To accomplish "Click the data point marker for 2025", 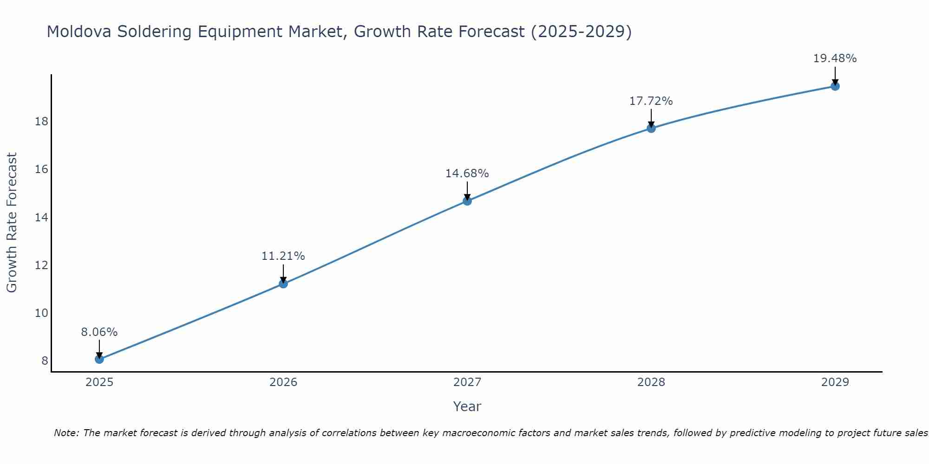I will click(99, 359).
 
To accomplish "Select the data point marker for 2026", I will click(283, 284).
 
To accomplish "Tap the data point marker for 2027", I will click(467, 201).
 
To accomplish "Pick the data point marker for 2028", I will click(651, 128).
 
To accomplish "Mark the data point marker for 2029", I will click(835, 86).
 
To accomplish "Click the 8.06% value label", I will click(99, 332).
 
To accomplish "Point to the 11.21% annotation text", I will click(283, 256).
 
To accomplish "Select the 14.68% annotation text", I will click(467, 174).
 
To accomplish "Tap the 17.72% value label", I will click(651, 101).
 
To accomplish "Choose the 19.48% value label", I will click(835, 58).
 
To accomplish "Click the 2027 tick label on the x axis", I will click(467, 382).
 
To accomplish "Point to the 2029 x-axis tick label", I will click(835, 382).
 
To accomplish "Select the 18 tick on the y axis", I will click(41, 122).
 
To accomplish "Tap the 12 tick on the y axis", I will click(41, 265).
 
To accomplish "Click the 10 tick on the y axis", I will click(41, 313).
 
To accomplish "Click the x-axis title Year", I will click(467, 406).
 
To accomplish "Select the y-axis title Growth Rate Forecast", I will click(12, 222).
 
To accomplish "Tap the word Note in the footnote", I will click(66, 433).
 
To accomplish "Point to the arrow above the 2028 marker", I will click(651, 118).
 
